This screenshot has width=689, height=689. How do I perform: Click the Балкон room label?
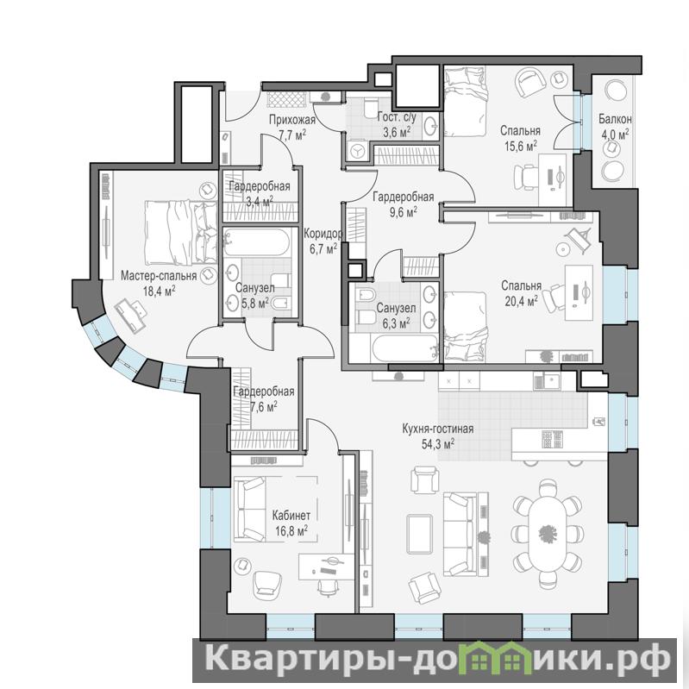pyautogui.click(x=615, y=119)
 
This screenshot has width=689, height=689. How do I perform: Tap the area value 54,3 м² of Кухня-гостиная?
pyautogui.click(x=438, y=444)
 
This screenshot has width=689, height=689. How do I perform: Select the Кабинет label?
pyautogui.click(x=291, y=515)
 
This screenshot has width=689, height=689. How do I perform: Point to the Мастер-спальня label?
pyautogui.click(x=159, y=277)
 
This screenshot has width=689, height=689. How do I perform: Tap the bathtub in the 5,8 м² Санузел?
pyautogui.click(x=256, y=241)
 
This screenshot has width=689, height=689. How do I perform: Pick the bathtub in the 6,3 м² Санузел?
pyautogui.click(x=404, y=349)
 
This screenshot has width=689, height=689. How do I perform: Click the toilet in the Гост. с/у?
pyautogui.click(x=371, y=108)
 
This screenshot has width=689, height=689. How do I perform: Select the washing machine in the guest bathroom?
pyautogui.click(x=356, y=152)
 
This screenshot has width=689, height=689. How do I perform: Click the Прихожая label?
pyautogui.click(x=292, y=120)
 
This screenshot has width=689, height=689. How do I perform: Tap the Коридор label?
pyautogui.click(x=323, y=234)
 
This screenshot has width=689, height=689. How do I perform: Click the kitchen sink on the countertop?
pyautogui.click(x=546, y=381)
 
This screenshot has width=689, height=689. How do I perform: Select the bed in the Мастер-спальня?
pyautogui.click(x=180, y=233)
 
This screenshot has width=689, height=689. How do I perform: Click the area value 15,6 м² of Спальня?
pyautogui.click(x=521, y=147)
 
